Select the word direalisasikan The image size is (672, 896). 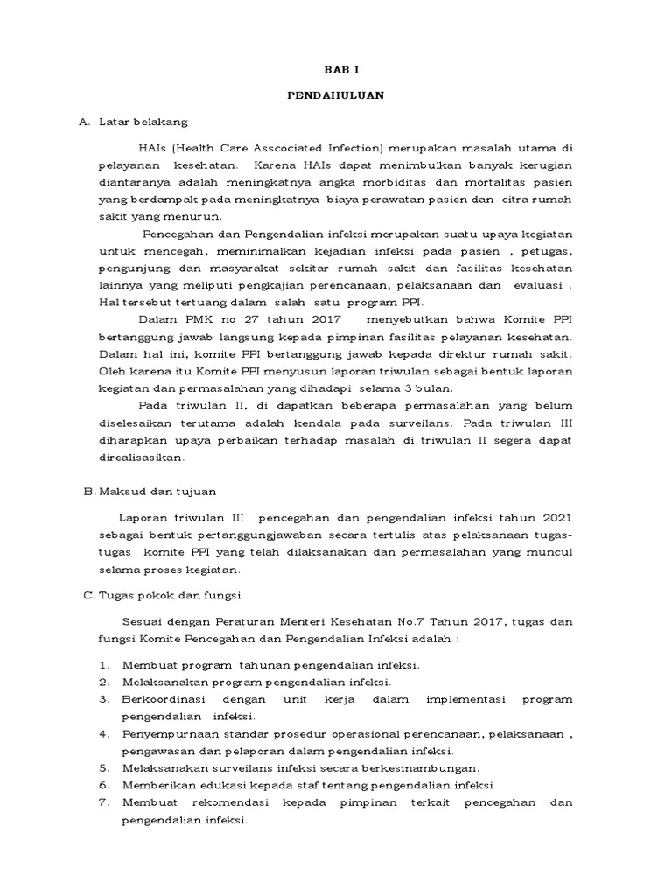point(141,457)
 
